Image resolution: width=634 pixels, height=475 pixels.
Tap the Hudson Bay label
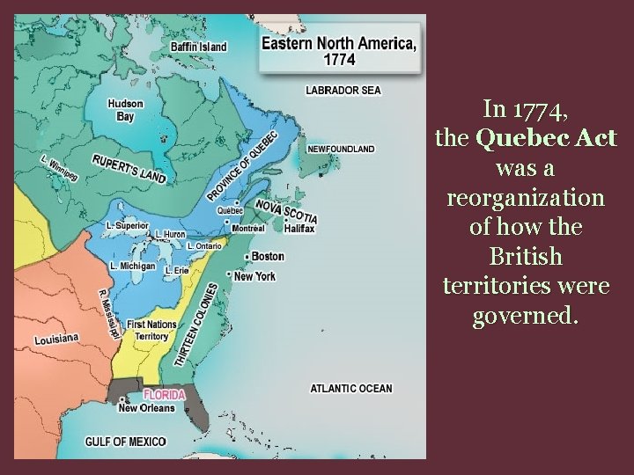(126, 110)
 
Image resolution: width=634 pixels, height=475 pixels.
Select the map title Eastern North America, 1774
(339, 49)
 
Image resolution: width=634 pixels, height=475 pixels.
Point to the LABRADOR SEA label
(343, 91)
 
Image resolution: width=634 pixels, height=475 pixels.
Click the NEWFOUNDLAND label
(341, 149)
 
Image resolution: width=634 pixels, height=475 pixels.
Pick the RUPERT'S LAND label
(129, 169)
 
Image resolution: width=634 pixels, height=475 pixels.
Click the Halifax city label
(299, 228)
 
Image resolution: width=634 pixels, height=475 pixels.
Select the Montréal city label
(248, 228)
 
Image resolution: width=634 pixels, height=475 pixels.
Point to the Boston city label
(268, 256)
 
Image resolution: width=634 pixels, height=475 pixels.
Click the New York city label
(254, 276)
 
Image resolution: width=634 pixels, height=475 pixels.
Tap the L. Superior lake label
(128, 226)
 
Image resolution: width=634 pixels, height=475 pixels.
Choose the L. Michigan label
(133, 265)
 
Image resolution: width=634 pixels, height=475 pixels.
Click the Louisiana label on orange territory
(56, 339)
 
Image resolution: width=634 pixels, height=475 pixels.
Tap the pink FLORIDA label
(165, 395)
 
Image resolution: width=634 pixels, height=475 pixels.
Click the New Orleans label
(146, 408)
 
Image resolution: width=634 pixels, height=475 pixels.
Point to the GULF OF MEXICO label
(125, 441)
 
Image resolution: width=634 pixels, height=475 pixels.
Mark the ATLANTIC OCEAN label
(351, 388)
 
